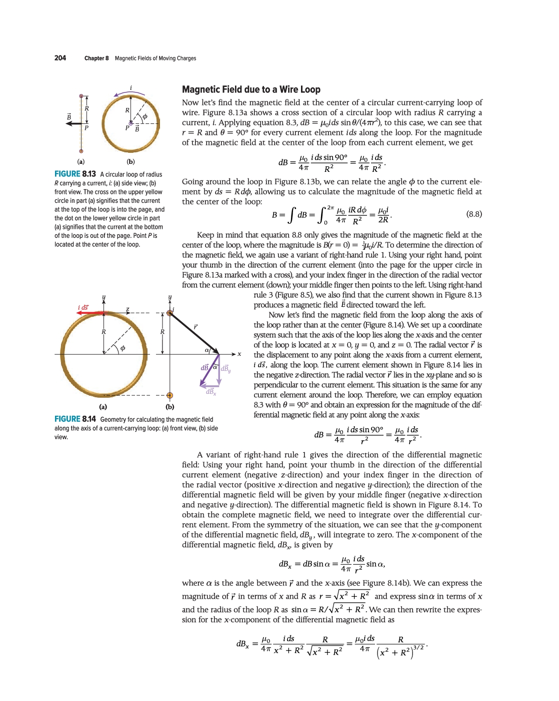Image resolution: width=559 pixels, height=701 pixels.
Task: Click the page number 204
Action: pyautogui.click(x=60, y=58)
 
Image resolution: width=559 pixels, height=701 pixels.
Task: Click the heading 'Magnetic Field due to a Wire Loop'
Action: pyautogui.click(x=251, y=89)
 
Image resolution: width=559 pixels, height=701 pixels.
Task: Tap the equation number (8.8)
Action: pyautogui.click(x=474, y=214)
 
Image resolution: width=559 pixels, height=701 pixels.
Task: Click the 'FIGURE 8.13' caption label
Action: pyautogui.click(x=75, y=174)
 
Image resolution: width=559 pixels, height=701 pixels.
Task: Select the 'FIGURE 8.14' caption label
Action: pyautogui.click(x=75, y=419)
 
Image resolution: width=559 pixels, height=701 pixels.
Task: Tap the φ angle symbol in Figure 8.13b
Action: pyautogui.click(x=145, y=116)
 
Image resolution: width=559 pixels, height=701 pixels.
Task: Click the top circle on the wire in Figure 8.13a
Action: pyautogui.click(x=81, y=96)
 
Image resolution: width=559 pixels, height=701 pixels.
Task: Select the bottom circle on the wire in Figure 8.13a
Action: pyautogui.click(x=81, y=150)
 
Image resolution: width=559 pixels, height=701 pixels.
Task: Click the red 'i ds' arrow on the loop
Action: pyautogui.click(x=90, y=313)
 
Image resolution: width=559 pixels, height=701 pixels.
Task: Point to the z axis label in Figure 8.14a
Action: pyautogui.click(x=127, y=310)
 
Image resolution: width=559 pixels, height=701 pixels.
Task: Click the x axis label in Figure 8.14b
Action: pyautogui.click(x=239, y=354)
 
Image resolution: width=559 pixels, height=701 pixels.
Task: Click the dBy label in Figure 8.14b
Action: pyautogui.click(x=225, y=369)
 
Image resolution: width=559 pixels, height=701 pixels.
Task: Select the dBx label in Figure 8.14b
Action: pyautogui.click(x=211, y=392)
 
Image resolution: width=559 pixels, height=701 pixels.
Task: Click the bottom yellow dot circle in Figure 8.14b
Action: pyautogui.click(x=169, y=395)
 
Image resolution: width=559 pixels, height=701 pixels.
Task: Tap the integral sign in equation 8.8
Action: pyautogui.click(x=290, y=215)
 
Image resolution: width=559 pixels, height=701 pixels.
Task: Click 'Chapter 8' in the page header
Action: pyautogui.click(x=96, y=58)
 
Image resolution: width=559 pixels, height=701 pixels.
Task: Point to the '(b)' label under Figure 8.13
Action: pyautogui.click(x=130, y=161)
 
